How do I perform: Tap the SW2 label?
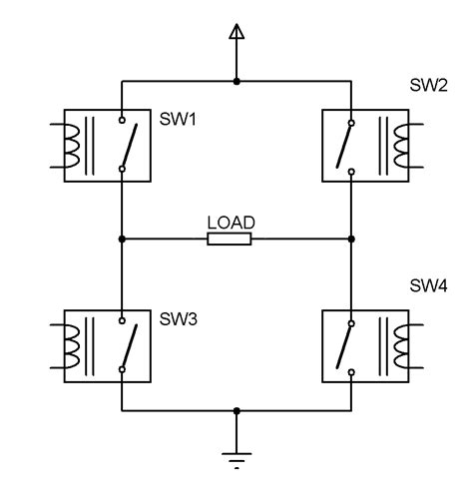point(428,83)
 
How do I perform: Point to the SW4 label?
point(428,285)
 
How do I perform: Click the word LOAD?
point(231,223)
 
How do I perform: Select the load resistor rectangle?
point(230,240)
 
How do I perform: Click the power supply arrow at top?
point(236,35)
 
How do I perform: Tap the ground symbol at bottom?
point(236,459)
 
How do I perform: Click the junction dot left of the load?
point(121,240)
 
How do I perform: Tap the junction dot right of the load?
point(351,240)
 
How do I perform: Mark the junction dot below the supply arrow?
point(236,80)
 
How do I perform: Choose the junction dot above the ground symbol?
point(236,410)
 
